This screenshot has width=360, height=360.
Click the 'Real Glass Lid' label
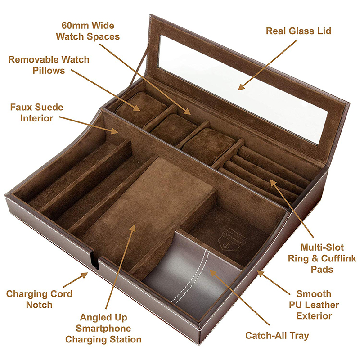pos(298,31)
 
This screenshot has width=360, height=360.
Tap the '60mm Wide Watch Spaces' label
pos(88,31)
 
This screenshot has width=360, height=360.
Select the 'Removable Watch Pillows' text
pos(49,65)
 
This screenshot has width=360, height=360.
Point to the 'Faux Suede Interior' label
pos(37,113)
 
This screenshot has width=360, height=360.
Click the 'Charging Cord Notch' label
pos(39,299)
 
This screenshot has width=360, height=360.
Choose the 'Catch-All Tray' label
pos(277,336)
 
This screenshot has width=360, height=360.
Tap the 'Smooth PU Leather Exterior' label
pos(314,305)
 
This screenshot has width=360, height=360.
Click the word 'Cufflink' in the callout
pos(339,258)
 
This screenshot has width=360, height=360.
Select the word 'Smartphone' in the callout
pos(103,328)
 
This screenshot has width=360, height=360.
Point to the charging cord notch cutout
pos(95,260)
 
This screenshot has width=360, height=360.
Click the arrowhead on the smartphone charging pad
pos(132,229)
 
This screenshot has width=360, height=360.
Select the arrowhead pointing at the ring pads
pos(273,183)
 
